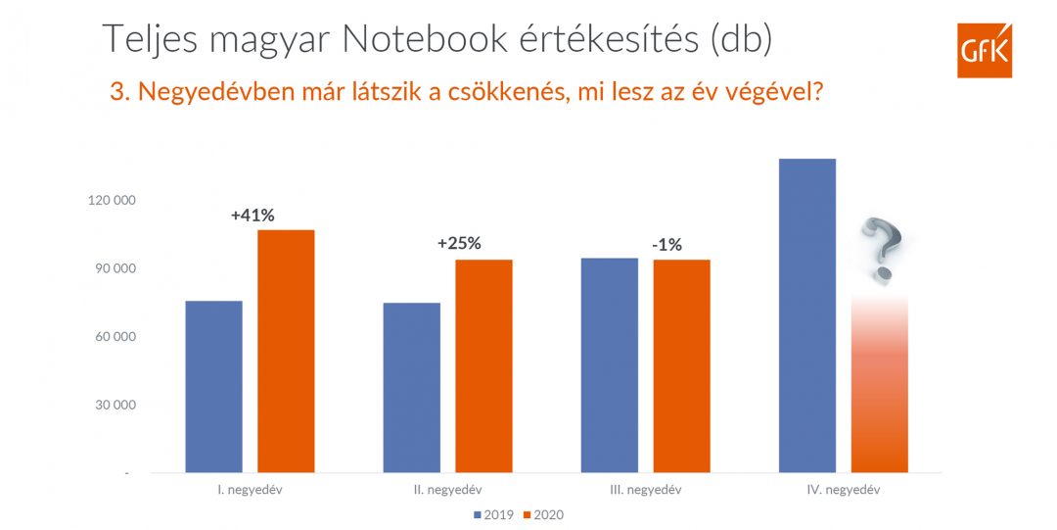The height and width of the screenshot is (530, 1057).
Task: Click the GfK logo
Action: click(984, 49)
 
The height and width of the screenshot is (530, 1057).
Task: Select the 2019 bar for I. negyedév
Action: click(213, 387)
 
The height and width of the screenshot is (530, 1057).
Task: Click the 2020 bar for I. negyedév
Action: click(286, 352)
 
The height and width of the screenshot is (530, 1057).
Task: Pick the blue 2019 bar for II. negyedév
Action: click(411, 388)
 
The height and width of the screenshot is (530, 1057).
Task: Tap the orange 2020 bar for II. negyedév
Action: click(483, 366)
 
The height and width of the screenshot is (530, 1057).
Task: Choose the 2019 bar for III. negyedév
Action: click(609, 365)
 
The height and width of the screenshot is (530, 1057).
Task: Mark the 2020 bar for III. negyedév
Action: click(681, 366)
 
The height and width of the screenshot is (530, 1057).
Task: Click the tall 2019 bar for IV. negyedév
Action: click(806, 315)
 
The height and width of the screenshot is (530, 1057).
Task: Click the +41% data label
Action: click(252, 215)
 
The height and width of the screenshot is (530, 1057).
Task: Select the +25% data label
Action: click(459, 244)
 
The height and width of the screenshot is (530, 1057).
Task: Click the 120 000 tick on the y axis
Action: click(112, 201)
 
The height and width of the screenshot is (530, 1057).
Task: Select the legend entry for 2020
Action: click(544, 514)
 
